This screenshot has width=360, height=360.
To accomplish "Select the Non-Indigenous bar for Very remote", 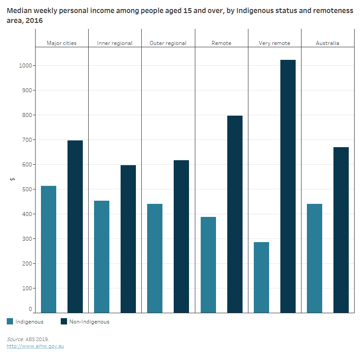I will (x=288, y=186).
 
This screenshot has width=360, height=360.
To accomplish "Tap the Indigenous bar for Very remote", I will (x=261, y=277).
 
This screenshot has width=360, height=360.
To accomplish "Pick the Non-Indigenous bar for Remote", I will (x=235, y=214).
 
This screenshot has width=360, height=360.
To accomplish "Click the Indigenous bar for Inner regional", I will (x=102, y=256).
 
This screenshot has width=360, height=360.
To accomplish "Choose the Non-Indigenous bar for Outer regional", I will (x=181, y=236).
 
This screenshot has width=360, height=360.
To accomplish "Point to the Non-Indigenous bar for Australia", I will (x=341, y=230).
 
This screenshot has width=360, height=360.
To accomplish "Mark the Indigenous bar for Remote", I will (x=208, y=265).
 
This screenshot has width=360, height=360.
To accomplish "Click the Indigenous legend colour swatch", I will (x=10, y=321).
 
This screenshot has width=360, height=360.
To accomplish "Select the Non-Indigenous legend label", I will (x=90, y=322).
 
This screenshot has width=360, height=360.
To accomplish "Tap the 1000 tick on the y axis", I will (x=25, y=66).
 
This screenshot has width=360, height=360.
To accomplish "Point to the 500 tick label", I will (x=26, y=189).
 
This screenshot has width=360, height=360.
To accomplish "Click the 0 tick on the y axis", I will (x=31, y=310).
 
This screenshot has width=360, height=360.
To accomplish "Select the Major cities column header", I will (x=62, y=43).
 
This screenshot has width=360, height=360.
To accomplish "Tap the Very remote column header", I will (x=274, y=43).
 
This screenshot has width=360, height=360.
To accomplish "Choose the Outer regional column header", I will (x=168, y=43).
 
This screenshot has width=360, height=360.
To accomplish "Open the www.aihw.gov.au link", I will (x=35, y=346).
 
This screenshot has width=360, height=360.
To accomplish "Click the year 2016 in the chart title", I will (x=47, y=21).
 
